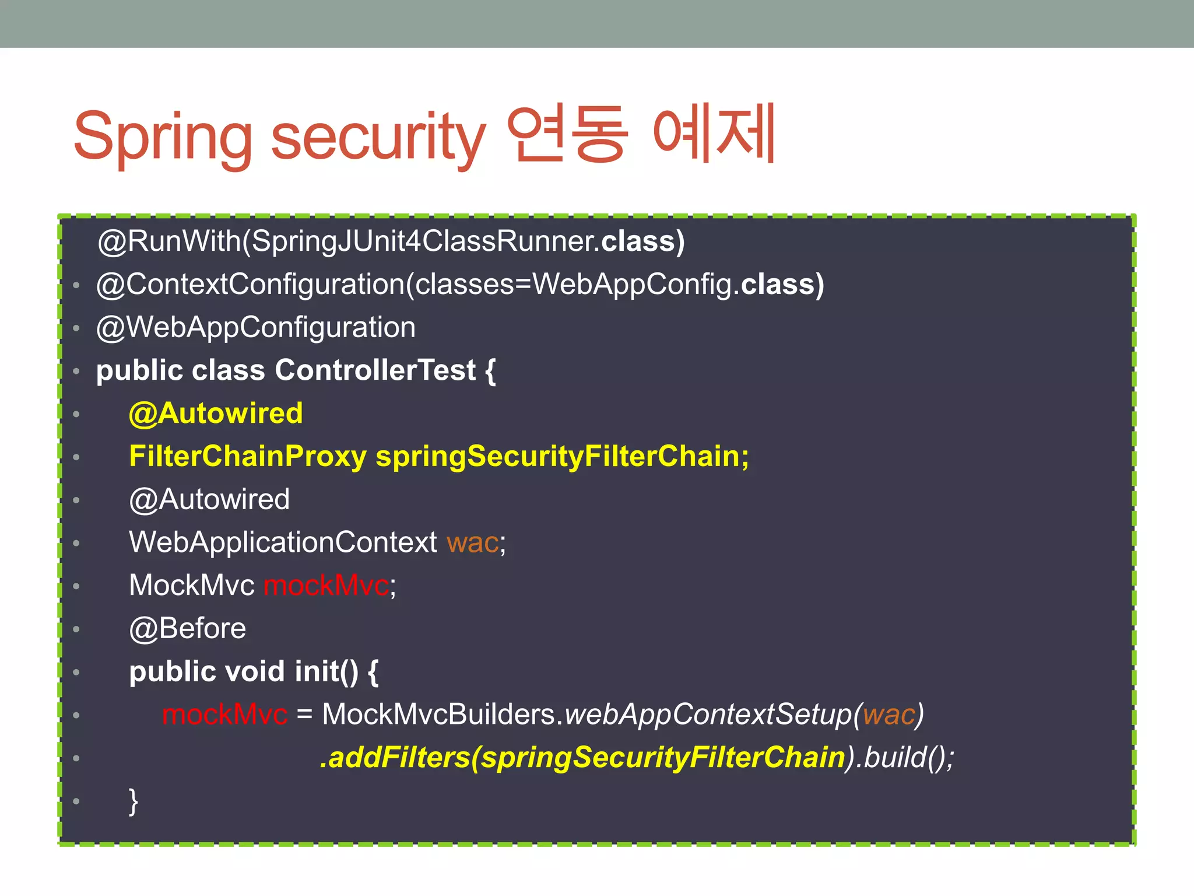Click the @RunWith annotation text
(x=169, y=241)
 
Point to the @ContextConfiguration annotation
(x=251, y=285)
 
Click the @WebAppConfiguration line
(x=256, y=327)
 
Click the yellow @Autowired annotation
(x=216, y=414)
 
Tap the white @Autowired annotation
(x=209, y=499)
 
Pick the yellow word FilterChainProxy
(x=248, y=456)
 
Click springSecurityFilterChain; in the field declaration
(x=562, y=456)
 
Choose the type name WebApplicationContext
(x=283, y=542)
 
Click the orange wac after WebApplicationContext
(x=473, y=543)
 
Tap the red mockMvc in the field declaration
(x=326, y=586)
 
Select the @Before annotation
(x=187, y=629)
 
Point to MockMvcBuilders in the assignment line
(x=438, y=715)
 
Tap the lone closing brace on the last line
(x=134, y=801)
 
